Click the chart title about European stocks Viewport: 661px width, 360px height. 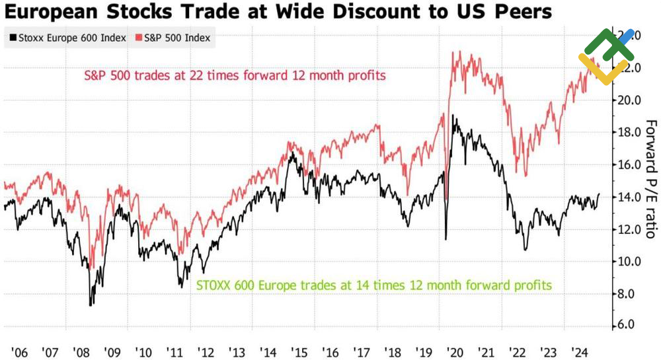(x=278, y=12)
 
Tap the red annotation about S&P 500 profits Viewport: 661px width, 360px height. (x=235, y=75)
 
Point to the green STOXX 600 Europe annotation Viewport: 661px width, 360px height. (x=374, y=285)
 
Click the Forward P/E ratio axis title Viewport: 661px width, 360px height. (x=651, y=178)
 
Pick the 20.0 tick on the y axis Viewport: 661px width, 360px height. (x=629, y=100)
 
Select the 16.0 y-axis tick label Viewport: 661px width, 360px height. (x=629, y=164)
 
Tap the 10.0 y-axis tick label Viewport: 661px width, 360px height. (x=629, y=261)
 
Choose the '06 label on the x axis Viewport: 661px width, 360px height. (x=20, y=351)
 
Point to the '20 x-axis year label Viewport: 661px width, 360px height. (x=455, y=351)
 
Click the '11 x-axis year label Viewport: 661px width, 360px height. (x=176, y=351)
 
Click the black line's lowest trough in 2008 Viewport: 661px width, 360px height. (x=91, y=305)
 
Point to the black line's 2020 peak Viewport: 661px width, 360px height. (x=453, y=116)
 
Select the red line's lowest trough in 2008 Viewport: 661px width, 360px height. (x=92, y=268)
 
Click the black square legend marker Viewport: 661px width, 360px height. (x=13, y=38)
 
